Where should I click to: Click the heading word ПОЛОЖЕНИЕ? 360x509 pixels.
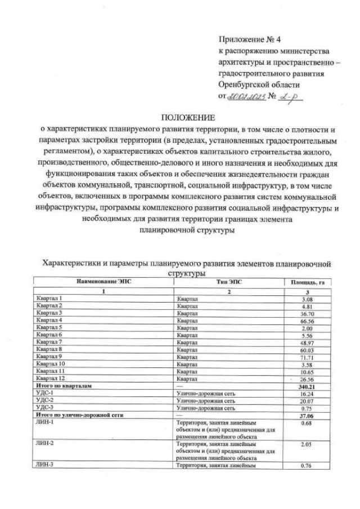(188, 118)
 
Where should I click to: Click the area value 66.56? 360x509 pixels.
(307, 320)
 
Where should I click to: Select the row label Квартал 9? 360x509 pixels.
(49, 357)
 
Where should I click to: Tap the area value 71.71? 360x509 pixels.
(307, 357)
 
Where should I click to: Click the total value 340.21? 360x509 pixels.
(307, 386)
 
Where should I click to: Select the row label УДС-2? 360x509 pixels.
(44, 400)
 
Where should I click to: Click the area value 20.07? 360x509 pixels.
(307, 400)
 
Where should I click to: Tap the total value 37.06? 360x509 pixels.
(307, 415)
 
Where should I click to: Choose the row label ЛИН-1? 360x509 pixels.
(44, 422)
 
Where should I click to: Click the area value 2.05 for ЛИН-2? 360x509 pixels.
(307, 444)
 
